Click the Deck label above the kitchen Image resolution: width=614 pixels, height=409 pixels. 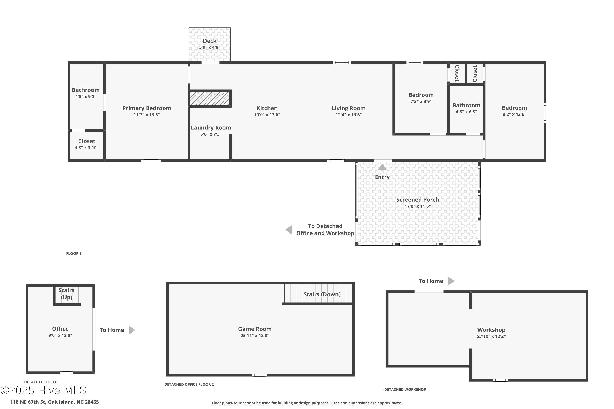click(x=209, y=41)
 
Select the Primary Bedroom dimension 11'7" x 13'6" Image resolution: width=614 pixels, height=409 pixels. click(x=147, y=115)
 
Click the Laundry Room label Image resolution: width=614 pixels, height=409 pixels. click(x=211, y=128)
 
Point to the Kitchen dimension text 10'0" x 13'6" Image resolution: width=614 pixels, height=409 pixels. click(x=267, y=115)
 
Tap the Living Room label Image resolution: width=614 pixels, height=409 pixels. click(x=348, y=108)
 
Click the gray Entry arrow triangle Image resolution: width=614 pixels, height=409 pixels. click(x=382, y=167)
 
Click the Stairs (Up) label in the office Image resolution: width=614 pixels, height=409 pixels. click(x=66, y=294)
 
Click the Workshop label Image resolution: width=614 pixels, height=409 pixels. click(x=491, y=330)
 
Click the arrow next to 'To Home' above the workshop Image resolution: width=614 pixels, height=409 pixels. click(x=451, y=281)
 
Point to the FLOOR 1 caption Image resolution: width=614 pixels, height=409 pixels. click(x=74, y=254)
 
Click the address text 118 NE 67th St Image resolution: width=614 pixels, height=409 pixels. click(x=54, y=402)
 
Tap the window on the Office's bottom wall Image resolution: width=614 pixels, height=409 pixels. click(x=66, y=373)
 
